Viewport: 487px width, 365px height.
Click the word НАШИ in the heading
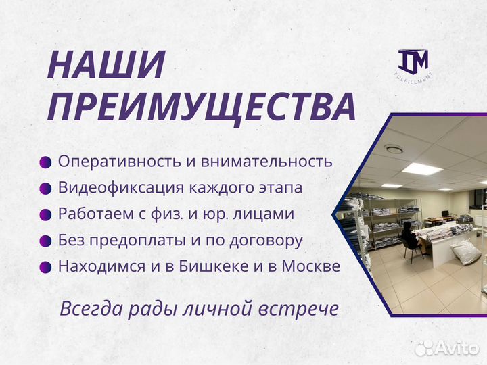coord(107,66)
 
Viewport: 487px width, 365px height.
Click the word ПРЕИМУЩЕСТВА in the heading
coord(202,107)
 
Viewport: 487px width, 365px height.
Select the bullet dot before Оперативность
coord(45,162)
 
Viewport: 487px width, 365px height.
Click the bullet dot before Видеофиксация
coord(45,188)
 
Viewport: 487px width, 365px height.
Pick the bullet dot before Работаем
coord(45,214)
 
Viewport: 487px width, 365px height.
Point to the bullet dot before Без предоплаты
coord(45,241)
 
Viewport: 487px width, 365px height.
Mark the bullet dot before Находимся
coord(45,266)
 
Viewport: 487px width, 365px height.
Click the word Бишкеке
coord(213,266)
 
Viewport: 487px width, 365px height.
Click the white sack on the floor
coord(466,251)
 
